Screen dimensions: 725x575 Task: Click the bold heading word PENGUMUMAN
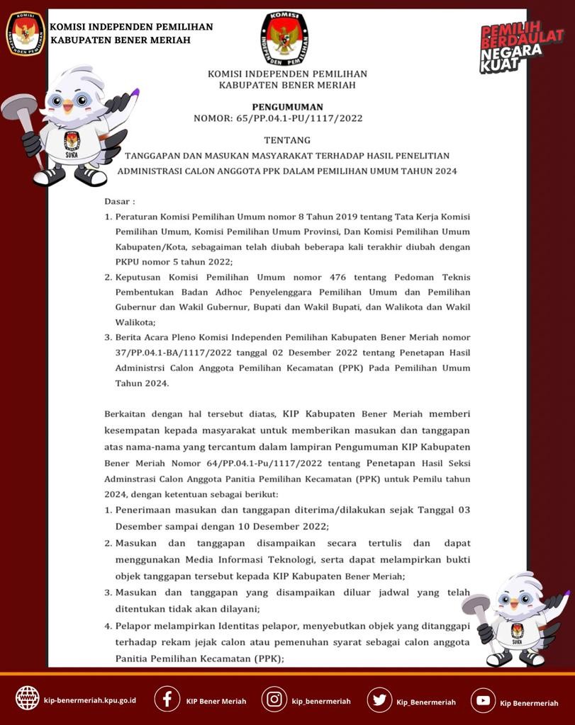pos(287,107)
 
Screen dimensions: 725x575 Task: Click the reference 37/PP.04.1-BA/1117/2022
pos(167,353)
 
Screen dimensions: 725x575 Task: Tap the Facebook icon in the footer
pos(167,700)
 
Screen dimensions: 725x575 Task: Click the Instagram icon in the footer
pos(274,700)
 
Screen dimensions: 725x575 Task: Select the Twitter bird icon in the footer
pos(379,700)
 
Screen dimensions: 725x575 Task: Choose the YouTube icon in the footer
pos(483,700)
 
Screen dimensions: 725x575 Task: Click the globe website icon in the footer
pos(28,699)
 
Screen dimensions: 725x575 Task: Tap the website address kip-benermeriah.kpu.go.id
pos(90,700)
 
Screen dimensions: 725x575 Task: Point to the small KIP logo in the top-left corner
pos(26,33)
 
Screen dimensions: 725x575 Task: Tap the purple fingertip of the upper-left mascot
pos(136,92)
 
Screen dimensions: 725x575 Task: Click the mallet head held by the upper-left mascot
pos(18,106)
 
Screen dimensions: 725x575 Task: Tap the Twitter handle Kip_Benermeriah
pos(426,702)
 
